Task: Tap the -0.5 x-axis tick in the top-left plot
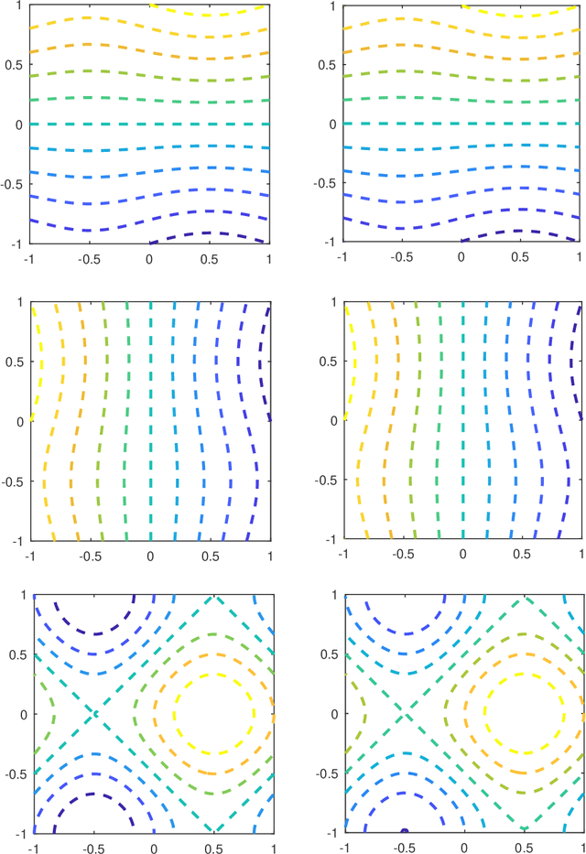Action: tap(90, 259)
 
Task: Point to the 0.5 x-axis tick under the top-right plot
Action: tap(521, 259)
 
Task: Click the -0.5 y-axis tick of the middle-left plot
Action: tap(15, 480)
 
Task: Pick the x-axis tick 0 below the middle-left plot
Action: tap(150, 556)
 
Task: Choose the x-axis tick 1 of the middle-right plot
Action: tap(581, 556)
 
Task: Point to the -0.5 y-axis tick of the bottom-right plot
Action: tap(327, 773)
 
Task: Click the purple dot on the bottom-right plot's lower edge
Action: tap(403, 831)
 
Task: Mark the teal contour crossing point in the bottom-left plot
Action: tap(93, 713)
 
